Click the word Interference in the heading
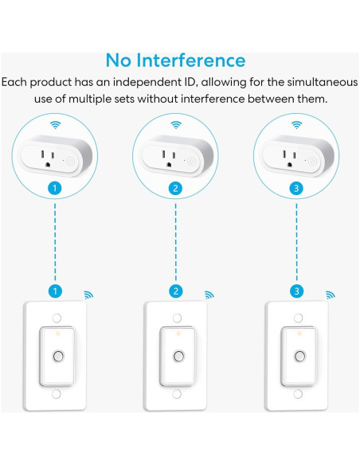[190, 61]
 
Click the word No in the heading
[119, 61]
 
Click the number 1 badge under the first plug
[55, 189]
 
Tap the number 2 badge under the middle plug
[175, 189]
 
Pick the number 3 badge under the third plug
[296, 189]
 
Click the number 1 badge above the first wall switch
[55, 291]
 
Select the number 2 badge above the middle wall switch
[176, 291]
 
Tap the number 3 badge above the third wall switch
[297, 291]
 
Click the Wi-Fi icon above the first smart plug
[55, 125]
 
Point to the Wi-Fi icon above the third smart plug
[296, 125]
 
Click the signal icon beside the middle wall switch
[209, 295]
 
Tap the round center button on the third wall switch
[299, 356]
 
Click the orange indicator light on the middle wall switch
[178, 334]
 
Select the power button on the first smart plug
[70, 161]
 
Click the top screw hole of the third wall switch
[299, 318]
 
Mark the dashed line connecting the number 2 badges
[176, 242]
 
